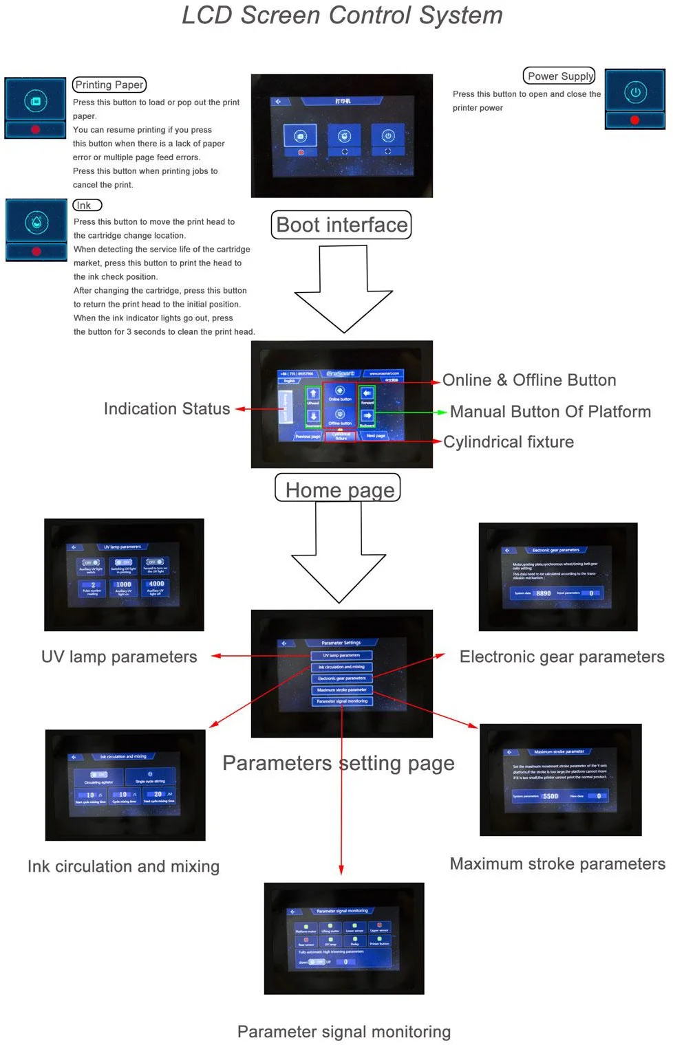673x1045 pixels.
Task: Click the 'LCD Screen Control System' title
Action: (x=342, y=15)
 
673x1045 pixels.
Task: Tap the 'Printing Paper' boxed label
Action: (x=109, y=85)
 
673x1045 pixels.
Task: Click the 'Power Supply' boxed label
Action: (x=560, y=76)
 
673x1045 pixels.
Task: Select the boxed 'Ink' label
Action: (x=87, y=205)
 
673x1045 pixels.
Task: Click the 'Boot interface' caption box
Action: (x=341, y=225)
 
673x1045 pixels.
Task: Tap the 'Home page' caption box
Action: (x=338, y=489)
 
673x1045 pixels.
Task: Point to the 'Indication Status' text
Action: (x=167, y=408)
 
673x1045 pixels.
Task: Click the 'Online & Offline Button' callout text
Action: (x=528, y=380)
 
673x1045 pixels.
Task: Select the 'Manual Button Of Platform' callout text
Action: (x=550, y=411)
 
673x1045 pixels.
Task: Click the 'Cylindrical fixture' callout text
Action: (x=508, y=442)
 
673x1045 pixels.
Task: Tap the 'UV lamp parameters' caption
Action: (x=119, y=657)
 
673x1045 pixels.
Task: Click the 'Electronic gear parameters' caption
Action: (x=562, y=657)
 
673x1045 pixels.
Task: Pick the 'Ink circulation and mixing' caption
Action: (x=123, y=866)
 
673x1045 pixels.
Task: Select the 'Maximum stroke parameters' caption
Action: (x=557, y=863)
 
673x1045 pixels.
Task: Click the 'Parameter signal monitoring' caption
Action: (x=344, y=1031)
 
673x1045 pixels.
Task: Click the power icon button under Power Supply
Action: (x=635, y=92)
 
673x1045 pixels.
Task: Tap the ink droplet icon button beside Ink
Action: (x=36, y=221)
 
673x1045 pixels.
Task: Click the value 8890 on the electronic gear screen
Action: (x=544, y=593)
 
